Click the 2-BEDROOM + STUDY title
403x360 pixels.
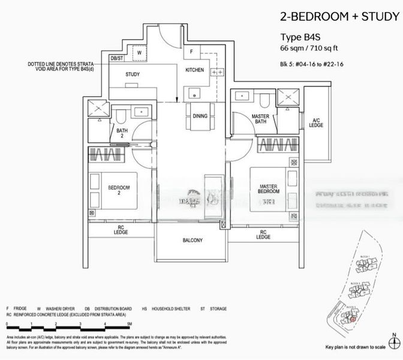pyautogui.click(x=338, y=16)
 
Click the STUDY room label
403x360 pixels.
pyautogui.click(x=133, y=74)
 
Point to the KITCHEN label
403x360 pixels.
pyautogui.click(x=194, y=70)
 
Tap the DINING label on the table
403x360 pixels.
pyautogui.click(x=200, y=116)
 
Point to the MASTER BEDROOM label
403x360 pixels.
pyautogui.click(x=268, y=190)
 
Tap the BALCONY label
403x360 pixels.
pyautogui.click(x=193, y=241)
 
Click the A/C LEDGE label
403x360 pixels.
pyautogui.click(x=316, y=122)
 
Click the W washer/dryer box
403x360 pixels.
pyautogui.click(x=139, y=52)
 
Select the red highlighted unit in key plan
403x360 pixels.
pyautogui.click(x=353, y=319)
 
